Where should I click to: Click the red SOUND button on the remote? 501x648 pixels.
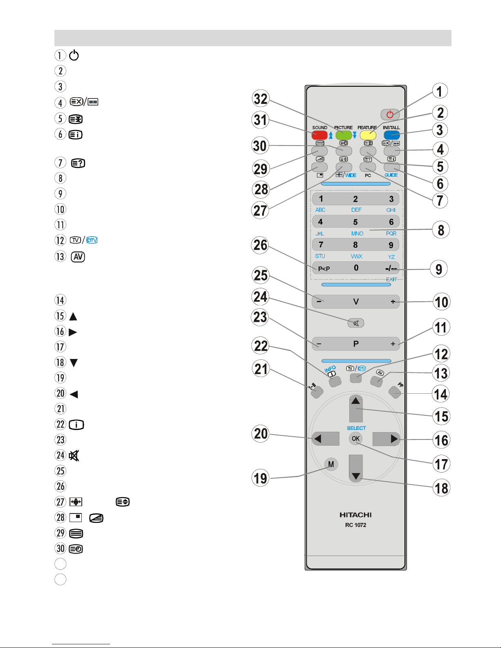pyautogui.click(x=319, y=135)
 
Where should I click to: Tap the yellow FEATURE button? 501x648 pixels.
pyautogui.click(x=368, y=135)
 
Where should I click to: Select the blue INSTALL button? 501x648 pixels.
pyautogui.click(x=391, y=135)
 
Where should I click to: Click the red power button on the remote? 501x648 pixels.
pyautogui.click(x=390, y=114)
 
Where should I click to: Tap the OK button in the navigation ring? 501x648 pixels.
pyautogui.click(x=355, y=439)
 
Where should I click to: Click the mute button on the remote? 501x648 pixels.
pyautogui.click(x=356, y=323)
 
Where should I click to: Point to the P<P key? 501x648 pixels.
pyautogui.click(x=324, y=269)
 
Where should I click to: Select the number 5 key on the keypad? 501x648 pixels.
pyautogui.click(x=355, y=222)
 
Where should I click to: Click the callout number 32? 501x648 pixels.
pyautogui.click(x=261, y=99)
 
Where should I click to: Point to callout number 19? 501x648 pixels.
pyautogui.click(x=261, y=478)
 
